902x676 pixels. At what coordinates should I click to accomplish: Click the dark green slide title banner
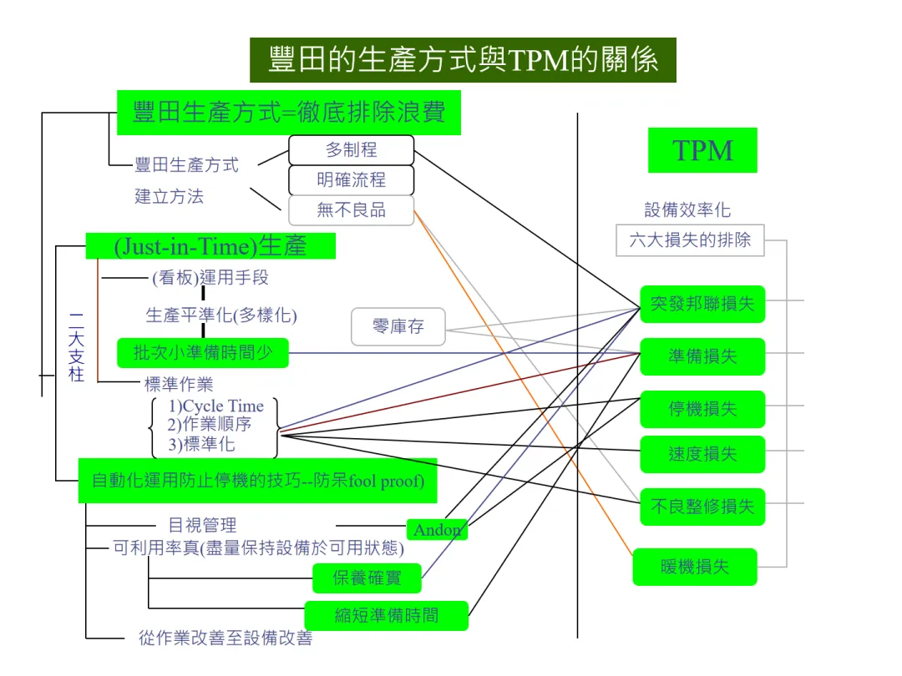pos(463,60)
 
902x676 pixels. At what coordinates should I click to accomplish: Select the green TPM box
pos(702,150)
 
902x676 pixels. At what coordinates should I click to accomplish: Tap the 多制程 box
pos(351,150)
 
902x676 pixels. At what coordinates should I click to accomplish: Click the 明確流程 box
pos(351,180)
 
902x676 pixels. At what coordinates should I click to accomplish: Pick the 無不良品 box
pos(351,210)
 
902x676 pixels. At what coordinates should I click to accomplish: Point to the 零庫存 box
pos(398,326)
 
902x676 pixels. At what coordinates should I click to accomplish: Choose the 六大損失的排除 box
pos(690,240)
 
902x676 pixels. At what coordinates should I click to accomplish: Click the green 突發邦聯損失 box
pos(702,305)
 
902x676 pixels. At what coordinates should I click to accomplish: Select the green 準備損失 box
pos(702,356)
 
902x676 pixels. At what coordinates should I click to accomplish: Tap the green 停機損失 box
pos(702,409)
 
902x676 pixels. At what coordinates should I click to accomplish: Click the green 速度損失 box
pos(702,454)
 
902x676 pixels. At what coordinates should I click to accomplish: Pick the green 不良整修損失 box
pos(702,506)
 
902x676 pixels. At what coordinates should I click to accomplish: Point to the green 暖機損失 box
pos(695,567)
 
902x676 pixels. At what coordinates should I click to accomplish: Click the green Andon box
pos(437,530)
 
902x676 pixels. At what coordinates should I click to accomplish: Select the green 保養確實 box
pos(367,578)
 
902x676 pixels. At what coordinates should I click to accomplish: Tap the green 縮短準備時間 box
pos(386,616)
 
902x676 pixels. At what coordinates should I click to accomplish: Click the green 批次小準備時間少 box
pos(203,352)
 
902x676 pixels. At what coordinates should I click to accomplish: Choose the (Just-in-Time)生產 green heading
pos(210,245)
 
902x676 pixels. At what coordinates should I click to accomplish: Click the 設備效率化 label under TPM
pos(687,210)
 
